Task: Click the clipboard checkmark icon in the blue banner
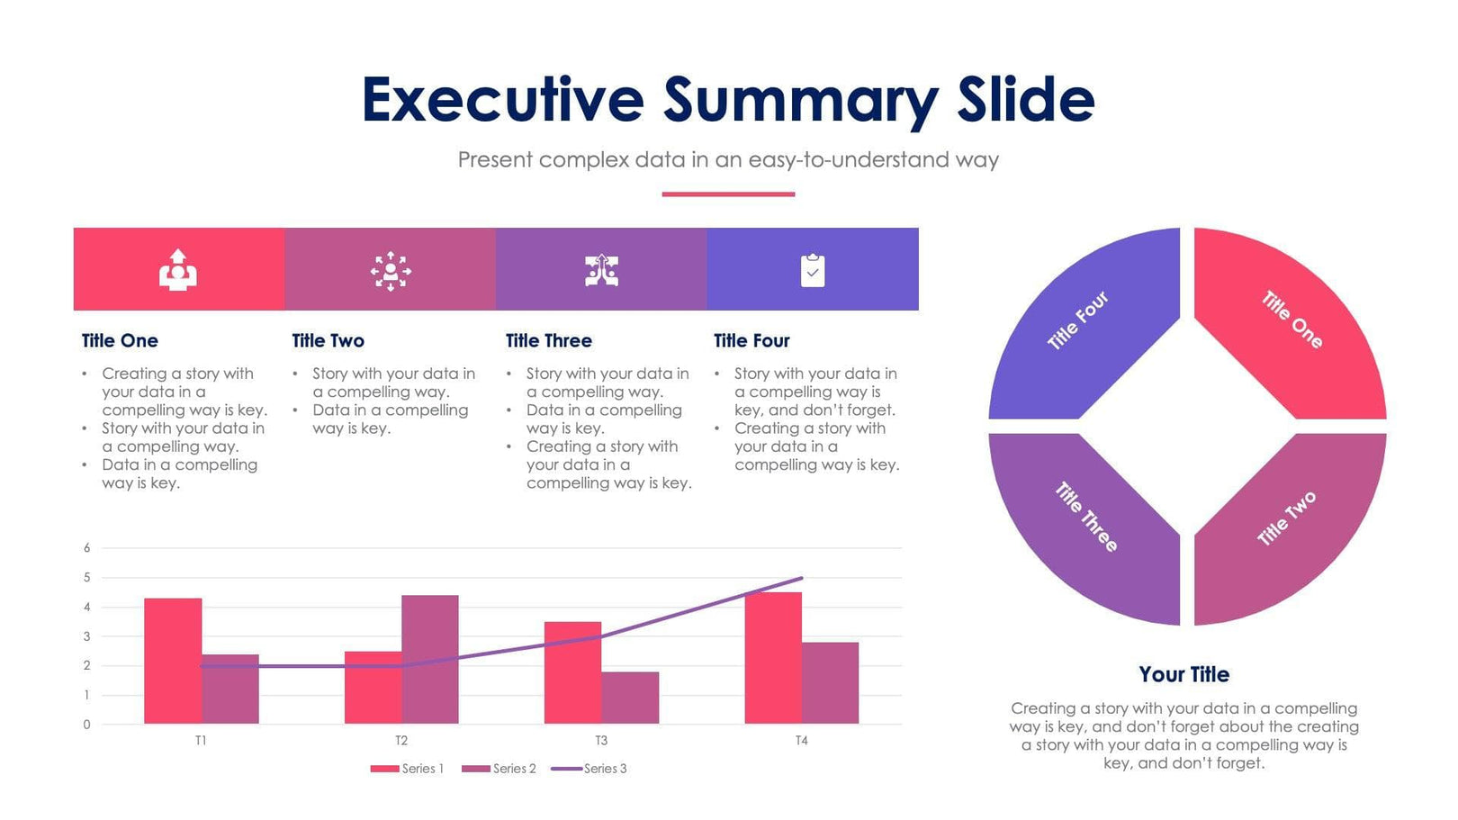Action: click(812, 270)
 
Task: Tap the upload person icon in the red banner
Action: click(178, 270)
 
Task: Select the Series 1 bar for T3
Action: click(572, 672)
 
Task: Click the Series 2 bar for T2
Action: click(430, 659)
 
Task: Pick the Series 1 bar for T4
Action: click(773, 658)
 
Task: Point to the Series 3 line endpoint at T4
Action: click(801, 578)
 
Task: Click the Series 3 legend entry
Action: click(589, 769)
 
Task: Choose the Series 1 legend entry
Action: click(407, 769)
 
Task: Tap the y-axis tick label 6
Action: click(87, 547)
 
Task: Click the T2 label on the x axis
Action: click(401, 741)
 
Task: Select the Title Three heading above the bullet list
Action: click(548, 341)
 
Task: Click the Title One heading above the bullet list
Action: click(120, 341)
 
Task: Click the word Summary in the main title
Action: click(801, 99)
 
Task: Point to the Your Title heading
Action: click(1183, 674)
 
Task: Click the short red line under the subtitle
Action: click(728, 194)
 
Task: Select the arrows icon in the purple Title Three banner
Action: click(601, 270)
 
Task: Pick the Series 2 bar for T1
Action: click(230, 689)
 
